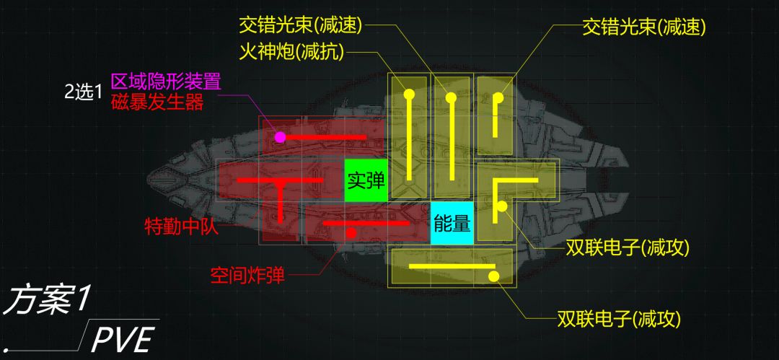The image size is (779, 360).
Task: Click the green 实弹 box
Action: click(366, 180)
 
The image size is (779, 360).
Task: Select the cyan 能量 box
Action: click(452, 223)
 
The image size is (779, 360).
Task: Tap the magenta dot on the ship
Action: click(280, 137)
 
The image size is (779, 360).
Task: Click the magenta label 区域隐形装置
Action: click(165, 81)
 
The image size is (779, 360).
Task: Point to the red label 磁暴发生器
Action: click(157, 103)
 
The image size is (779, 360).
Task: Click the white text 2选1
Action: click(83, 92)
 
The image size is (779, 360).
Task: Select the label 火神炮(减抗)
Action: click(291, 52)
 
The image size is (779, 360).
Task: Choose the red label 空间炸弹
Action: click(247, 274)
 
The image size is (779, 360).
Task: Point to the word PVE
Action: click(123, 339)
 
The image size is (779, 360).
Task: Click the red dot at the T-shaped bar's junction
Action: click(280, 183)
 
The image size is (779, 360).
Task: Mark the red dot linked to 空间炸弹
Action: click(351, 232)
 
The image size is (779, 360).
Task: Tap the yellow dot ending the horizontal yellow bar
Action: click(493, 276)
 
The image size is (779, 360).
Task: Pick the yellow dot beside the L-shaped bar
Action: click(502, 206)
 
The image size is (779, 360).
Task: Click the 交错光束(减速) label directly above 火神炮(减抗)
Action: click(301, 25)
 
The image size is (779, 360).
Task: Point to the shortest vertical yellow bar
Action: click(496, 117)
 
